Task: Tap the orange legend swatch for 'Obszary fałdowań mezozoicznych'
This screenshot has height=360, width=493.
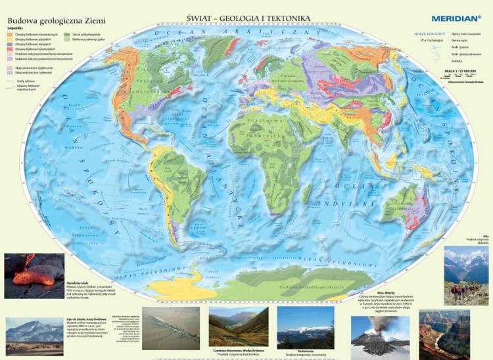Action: (9, 34)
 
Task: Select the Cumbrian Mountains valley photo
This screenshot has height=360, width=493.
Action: (239, 326)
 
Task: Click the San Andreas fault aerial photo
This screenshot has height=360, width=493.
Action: (171, 328)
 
